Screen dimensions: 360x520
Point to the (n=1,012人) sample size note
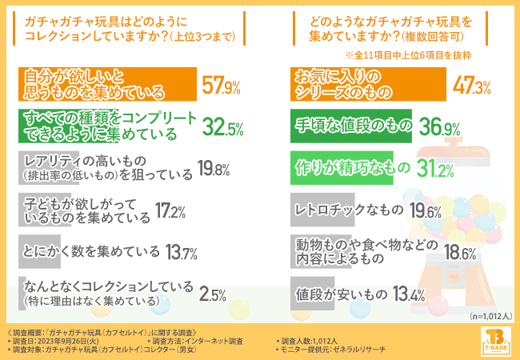(486, 316)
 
